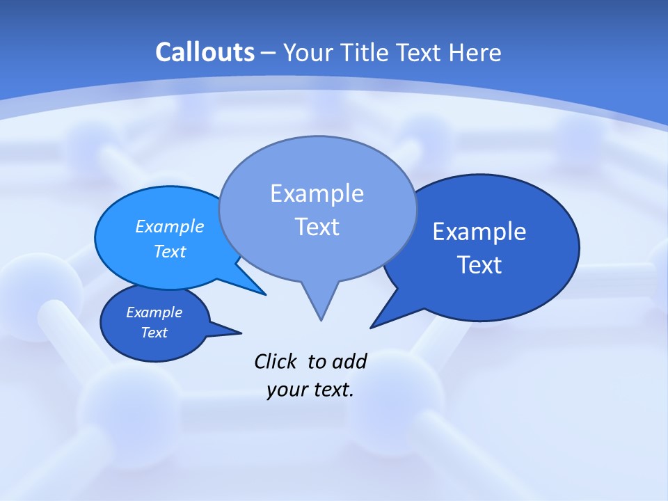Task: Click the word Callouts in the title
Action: tap(205, 52)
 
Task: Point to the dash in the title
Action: tap(269, 53)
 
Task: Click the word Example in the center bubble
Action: tap(317, 193)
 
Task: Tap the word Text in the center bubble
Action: tap(317, 227)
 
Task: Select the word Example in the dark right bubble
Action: tap(479, 232)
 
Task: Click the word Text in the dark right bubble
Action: tap(479, 265)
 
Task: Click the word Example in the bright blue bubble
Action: tap(170, 226)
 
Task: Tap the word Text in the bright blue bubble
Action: tap(170, 251)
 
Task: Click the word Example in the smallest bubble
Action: tap(154, 312)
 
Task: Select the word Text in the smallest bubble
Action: tap(154, 333)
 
